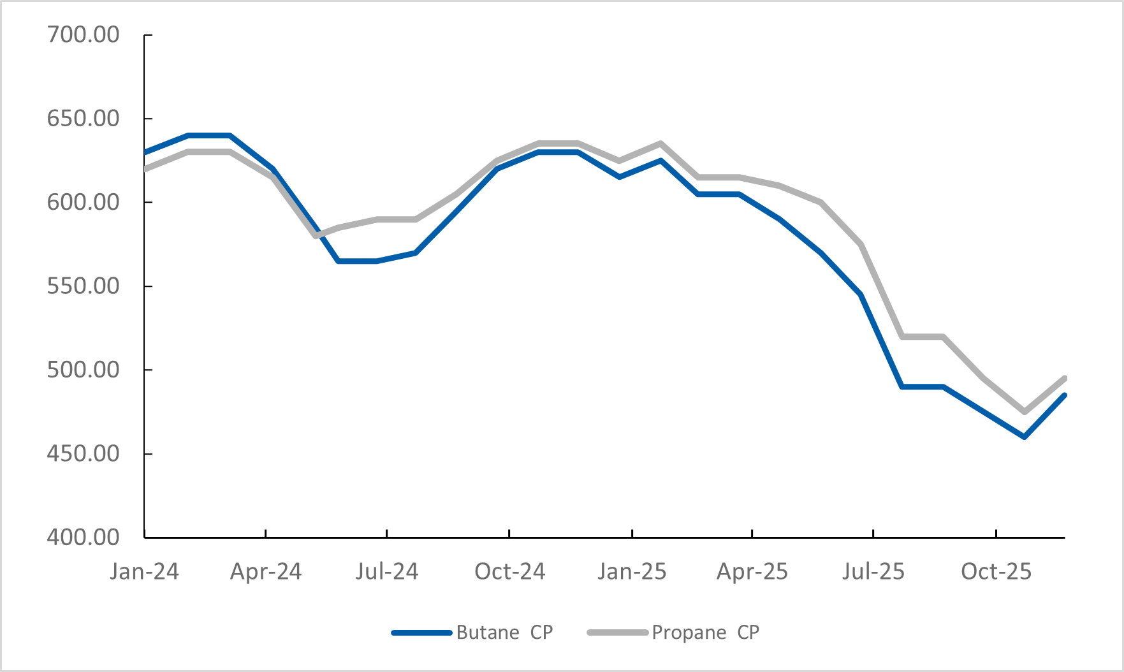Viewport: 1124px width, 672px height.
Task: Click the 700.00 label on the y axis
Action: tap(83, 34)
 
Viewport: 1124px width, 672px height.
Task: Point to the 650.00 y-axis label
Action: tap(83, 119)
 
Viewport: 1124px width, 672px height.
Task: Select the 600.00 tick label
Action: tap(83, 202)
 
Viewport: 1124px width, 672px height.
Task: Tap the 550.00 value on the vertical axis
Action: tap(83, 286)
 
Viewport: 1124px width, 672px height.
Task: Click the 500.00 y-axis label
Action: tap(83, 370)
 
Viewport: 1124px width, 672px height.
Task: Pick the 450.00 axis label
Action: tap(83, 454)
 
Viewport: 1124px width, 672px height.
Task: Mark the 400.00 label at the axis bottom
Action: tap(83, 537)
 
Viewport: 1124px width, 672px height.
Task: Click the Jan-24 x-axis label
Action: tap(144, 571)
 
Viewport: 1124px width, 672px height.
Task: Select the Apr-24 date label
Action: tap(266, 571)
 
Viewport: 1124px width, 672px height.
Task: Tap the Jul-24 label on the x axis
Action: tap(387, 571)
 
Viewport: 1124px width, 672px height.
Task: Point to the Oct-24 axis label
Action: tap(509, 571)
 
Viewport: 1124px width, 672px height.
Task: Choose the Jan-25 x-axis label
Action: tap(632, 571)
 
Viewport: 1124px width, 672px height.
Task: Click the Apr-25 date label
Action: tap(752, 571)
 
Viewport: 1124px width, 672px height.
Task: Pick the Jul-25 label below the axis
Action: tap(873, 571)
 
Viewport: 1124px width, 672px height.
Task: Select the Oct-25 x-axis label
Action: tap(996, 571)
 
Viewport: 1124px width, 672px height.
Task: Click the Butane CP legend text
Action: tap(504, 632)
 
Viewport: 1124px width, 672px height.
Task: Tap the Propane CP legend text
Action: tap(705, 632)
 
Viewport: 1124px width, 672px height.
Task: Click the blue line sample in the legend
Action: tap(421, 632)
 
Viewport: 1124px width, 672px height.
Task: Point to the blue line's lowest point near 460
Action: tap(1024, 437)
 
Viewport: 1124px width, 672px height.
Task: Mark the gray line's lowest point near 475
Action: tap(1024, 412)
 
